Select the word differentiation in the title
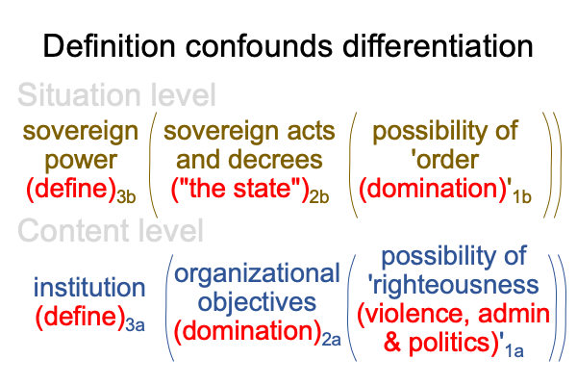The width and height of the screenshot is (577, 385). [x=438, y=45]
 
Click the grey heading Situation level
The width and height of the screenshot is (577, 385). [x=116, y=95]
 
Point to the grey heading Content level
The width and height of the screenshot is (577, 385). [x=111, y=230]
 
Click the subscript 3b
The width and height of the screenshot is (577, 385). [x=126, y=196]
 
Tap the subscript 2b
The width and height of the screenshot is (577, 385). [x=318, y=196]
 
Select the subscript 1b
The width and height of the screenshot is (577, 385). [x=522, y=196]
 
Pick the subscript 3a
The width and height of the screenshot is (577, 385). [x=135, y=325]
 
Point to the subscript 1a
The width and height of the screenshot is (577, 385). [x=514, y=350]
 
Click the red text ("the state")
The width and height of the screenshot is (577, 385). [x=239, y=189]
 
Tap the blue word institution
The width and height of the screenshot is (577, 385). [x=89, y=288]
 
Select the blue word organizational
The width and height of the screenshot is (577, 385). [x=257, y=274]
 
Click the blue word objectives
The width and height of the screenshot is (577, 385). [x=257, y=303]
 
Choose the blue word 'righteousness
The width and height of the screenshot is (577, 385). [x=453, y=285]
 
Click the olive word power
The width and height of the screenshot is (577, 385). [x=81, y=161]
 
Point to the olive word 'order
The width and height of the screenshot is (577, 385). [x=444, y=160]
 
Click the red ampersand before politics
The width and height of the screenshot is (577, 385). [x=392, y=343]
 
